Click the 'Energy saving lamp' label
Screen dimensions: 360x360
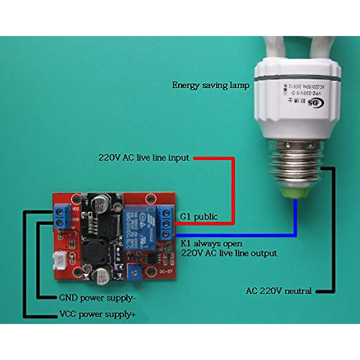211,85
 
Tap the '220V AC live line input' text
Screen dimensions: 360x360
144,158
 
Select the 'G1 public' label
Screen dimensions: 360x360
199,217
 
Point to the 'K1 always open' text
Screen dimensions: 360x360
211,243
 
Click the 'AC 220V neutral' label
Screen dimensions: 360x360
279,291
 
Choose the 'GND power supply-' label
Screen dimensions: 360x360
96,298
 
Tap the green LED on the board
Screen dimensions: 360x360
169,249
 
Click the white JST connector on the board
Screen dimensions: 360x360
58,261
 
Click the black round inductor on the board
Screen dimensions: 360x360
95,251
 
